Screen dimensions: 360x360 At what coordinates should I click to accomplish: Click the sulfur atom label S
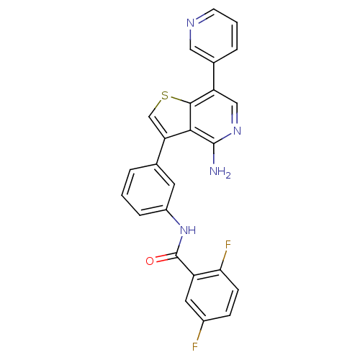point(165,96)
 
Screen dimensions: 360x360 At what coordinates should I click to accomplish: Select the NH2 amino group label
point(220,172)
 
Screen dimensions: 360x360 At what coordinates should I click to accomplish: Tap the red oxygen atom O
point(150,261)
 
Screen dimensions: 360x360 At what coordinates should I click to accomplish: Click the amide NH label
point(188,230)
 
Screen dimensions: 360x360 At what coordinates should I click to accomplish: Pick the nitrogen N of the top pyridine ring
point(190,23)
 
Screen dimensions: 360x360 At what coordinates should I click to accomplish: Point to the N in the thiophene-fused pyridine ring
point(237,131)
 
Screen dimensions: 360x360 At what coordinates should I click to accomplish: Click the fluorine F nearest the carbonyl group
point(228,245)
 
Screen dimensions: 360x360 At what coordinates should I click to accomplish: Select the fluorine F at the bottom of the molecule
point(195,346)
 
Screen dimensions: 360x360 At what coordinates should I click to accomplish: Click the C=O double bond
point(166,257)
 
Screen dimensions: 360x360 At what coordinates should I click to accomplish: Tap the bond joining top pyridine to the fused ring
point(214,76)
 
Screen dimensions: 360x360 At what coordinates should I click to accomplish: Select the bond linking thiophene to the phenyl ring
point(161,151)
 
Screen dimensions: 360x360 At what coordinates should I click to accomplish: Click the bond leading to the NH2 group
point(214,154)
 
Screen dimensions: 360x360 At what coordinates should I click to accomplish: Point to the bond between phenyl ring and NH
point(174,217)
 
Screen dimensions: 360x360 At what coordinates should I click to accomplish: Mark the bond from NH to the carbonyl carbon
point(179,246)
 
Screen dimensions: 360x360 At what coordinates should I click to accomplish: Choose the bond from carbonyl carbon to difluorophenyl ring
point(185,266)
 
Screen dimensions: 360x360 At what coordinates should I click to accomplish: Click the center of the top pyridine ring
point(214,36)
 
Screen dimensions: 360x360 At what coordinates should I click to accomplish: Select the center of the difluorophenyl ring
point(212,295)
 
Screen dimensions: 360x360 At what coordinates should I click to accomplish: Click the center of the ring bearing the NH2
point(214,117)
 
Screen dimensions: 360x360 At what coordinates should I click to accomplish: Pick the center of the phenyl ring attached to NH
point(148,189)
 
